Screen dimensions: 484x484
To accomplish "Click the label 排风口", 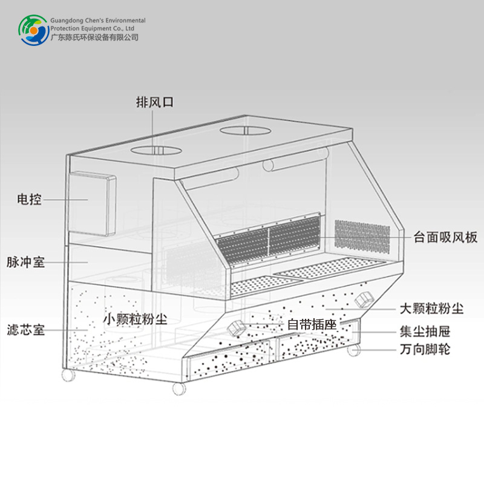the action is (155, 102).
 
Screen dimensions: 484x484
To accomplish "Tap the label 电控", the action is (29, 199).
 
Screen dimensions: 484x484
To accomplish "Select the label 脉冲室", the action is (25, 263).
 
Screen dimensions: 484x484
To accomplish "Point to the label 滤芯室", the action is (25, 330).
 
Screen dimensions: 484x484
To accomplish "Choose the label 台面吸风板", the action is (446, 237).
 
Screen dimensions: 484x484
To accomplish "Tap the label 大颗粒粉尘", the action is (431, 309).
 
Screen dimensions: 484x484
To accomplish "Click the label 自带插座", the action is (311, 324).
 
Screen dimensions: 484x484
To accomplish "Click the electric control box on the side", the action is (91, 203).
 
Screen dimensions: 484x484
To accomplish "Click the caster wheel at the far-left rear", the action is (68, 375).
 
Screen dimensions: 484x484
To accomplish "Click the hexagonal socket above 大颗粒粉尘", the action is (364, 298).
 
